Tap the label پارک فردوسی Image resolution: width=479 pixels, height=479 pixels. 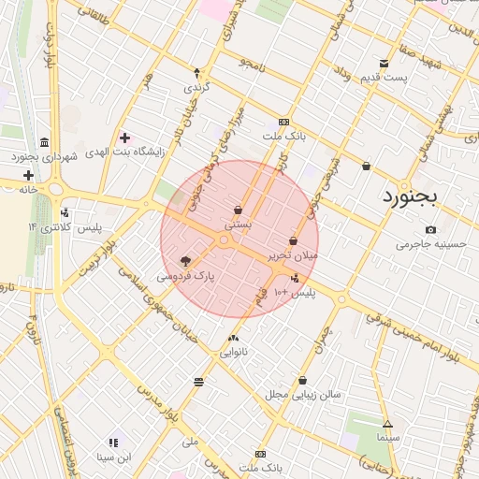tap(185, 277)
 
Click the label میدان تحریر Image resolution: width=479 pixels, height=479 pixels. tap(294, 254)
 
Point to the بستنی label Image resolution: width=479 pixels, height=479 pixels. tap(238, 225)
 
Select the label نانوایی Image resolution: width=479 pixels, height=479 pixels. tap(234, 353)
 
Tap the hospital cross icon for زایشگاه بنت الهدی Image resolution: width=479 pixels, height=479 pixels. tap(124, 138)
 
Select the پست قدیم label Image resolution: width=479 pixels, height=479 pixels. tap(385, 77)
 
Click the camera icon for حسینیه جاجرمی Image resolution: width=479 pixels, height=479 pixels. tap(430, 229)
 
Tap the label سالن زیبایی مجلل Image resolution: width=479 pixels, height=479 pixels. tap(301, 395)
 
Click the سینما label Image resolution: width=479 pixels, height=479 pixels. tap(387, 438)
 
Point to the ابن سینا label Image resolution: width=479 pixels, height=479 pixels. tap(114, 457)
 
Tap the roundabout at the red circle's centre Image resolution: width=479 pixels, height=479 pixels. tap(225, 240)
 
